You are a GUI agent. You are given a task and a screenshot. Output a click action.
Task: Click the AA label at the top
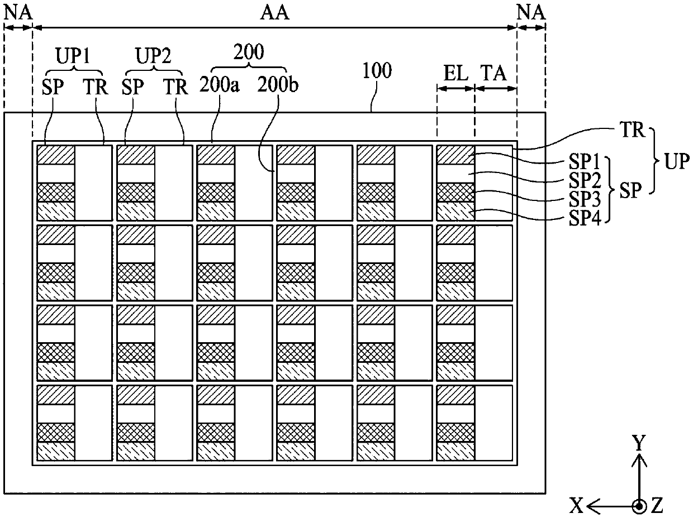point(274,13)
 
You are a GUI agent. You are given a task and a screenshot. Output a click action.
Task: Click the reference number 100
point(377,70)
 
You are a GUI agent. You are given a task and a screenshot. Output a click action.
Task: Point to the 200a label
point(219,85)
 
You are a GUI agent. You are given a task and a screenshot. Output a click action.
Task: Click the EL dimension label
point(455,73)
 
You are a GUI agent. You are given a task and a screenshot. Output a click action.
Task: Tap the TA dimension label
point(494,73)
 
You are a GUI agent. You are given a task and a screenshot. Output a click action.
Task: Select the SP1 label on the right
point(584,162)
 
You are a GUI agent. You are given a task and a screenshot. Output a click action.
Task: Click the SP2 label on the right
point(585,180)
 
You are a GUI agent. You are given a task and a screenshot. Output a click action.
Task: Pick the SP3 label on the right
point(585,199)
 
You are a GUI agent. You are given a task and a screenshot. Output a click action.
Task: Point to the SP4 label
point(585,218)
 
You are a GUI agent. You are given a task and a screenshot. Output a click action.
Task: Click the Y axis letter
point(639,443)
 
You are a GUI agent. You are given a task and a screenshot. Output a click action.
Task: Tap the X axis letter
point(577,505)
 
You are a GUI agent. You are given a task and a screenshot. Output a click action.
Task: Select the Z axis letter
point(657,505)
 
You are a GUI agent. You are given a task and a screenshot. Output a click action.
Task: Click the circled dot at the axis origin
point(639,506)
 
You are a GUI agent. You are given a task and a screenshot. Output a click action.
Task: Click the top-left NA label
point(18,13)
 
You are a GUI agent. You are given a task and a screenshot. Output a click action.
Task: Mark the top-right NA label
point(531,13)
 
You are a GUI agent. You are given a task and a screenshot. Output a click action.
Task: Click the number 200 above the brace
point(249,52)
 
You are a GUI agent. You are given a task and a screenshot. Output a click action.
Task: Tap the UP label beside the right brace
point(677,162)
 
